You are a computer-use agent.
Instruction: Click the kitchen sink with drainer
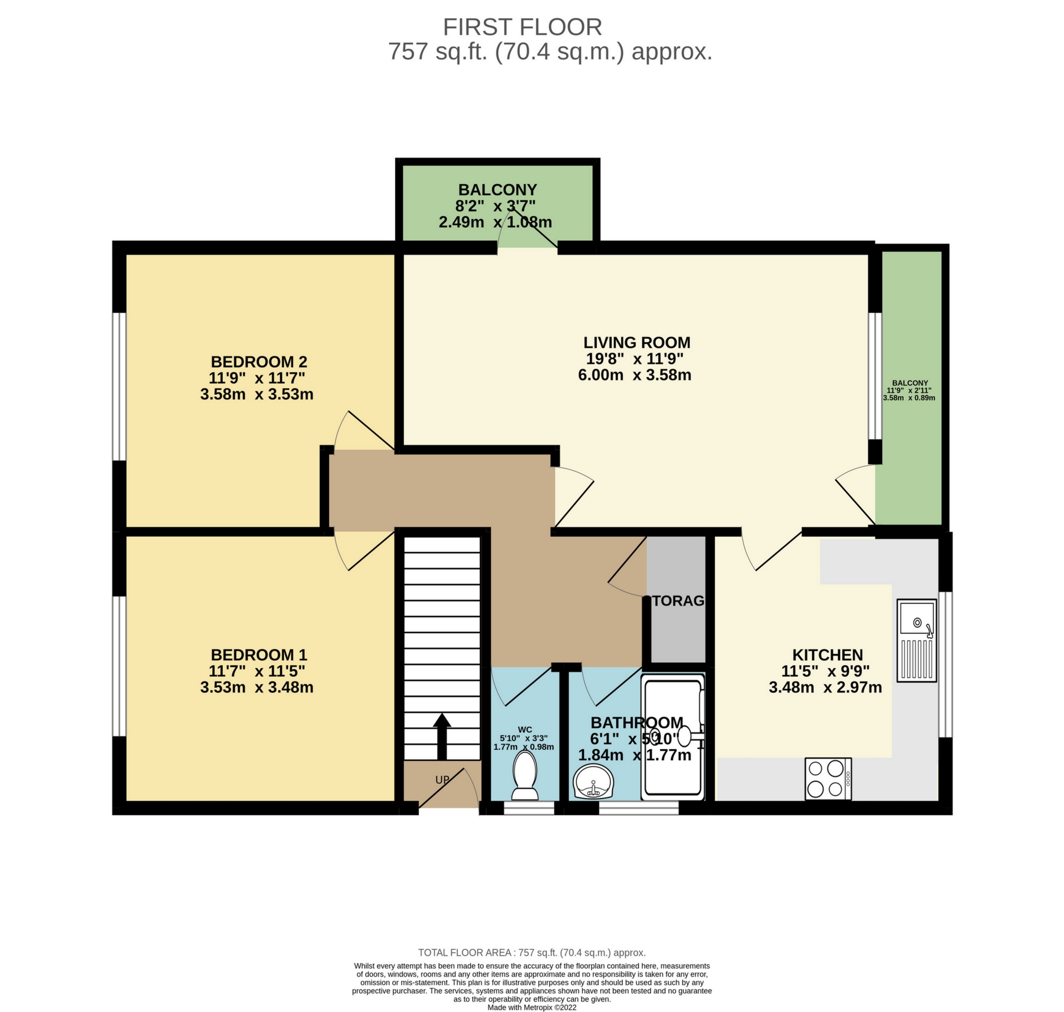pos(917,640)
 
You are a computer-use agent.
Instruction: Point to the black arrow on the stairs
pos(442,735)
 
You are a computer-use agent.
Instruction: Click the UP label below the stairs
pos(442,780)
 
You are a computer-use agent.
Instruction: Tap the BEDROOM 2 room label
pos(259,362)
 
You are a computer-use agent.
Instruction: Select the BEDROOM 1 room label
pos(259,655)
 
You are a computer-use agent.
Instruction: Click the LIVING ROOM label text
pos(637,343)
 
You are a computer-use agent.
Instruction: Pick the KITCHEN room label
pos(827,655)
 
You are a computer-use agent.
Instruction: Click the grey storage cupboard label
pos(678,601)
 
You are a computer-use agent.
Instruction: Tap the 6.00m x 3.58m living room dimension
pos(635,375)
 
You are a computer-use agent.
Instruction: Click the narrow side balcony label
pos(910,383)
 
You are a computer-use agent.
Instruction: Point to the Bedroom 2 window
pos(119,387)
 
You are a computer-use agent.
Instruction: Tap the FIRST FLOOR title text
pos(522,27)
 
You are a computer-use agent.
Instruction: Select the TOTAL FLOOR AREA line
pos(531,953)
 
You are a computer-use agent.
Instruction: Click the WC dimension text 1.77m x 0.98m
pos(524,747)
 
